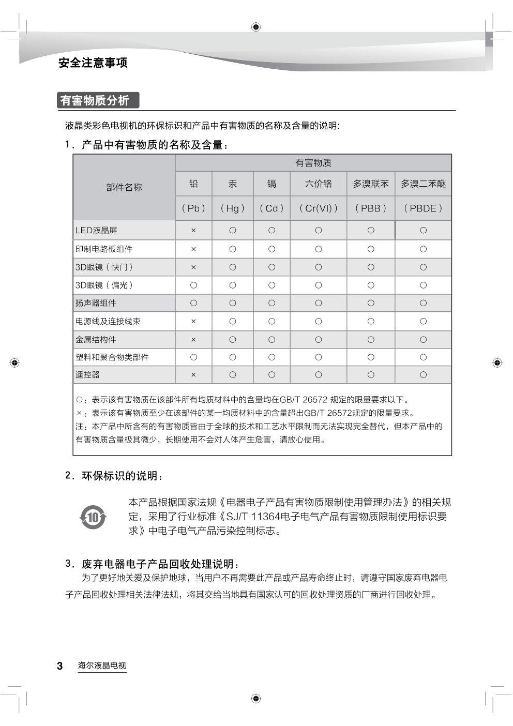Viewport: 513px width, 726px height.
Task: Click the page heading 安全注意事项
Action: [x=93, y=63]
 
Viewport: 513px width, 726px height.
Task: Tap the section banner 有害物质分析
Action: [x=95, y=100]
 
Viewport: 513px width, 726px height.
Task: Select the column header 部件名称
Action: [x=124, y=187]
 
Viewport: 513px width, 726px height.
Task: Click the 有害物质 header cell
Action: [x=313, y=163]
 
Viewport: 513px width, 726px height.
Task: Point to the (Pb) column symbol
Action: [x=193, y=208]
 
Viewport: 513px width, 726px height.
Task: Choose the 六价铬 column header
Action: [x=319, y=184]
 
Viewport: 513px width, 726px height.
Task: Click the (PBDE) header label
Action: [x=423, y=208]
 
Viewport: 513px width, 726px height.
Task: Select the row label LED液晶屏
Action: [x=97, y=231]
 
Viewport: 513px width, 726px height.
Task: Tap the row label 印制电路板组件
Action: [x=104, y=249]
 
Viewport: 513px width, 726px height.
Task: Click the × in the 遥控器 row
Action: [x=193, y=375]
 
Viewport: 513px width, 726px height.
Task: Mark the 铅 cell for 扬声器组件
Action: [x=193, y=303]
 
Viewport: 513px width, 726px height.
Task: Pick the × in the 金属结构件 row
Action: [x=193, y=340]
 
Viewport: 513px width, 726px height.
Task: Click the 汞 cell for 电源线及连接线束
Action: [x=233, y=321]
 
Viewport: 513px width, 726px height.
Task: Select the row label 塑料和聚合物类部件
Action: [x=112, y=357]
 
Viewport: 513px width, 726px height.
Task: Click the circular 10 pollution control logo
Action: [x=93, y=517]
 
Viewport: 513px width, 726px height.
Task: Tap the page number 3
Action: [x=60, y=666]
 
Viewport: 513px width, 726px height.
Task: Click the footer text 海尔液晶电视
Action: [x=102, y=666]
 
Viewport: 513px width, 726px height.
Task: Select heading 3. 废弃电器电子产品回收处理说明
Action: [x=152, y=564]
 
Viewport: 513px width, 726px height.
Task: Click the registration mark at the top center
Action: [x=256, y=27]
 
